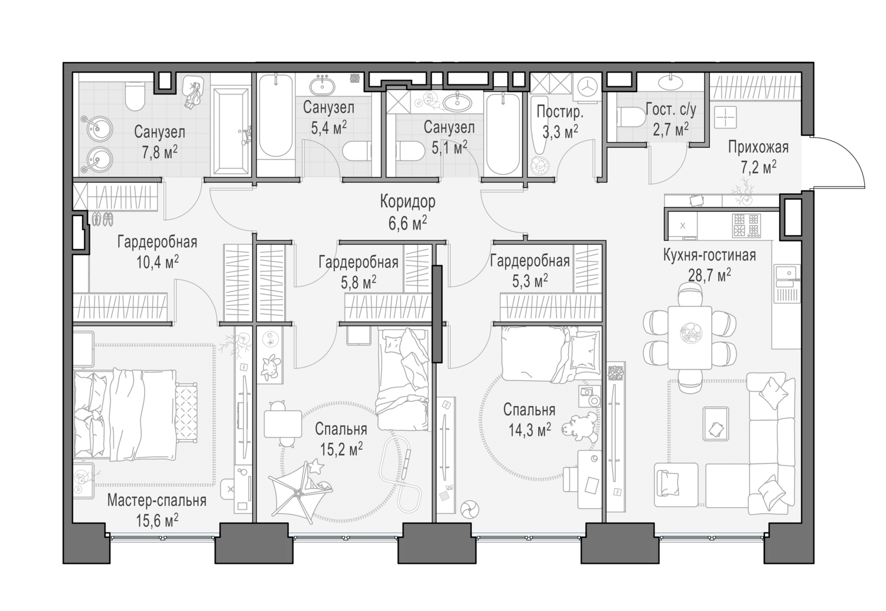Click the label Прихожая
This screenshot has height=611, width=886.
pos(758,146)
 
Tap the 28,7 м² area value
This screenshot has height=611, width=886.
pos(709,275)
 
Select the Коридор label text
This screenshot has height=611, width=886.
pos(408,202)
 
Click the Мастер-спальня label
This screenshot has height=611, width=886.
pos(157,501)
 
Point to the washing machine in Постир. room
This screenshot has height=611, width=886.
pos(587,86)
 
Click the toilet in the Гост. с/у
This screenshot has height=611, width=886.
pos(630,118)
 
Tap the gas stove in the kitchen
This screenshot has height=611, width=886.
pos(745,225)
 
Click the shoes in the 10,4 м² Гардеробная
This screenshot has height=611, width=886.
pos(102,219)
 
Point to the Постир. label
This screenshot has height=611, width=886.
pos(559,112)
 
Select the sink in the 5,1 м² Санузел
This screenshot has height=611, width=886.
pos(457,102)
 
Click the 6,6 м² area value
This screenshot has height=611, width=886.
pos(408,223)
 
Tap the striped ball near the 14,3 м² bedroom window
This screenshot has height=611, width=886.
pos(470,509)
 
